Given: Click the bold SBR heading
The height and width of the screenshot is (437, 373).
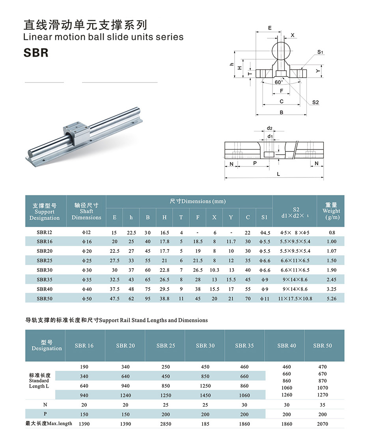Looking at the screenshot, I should (x=36, y=52).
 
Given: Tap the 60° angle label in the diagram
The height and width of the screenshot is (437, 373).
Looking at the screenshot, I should (x=279, y=82).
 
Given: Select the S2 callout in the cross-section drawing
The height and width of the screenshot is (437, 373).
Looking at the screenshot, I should (x=315, y=102).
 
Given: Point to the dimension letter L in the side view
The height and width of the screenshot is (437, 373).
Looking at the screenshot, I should (x=278, y=174).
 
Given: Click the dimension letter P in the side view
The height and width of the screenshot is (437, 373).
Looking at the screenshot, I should (x=255, y=162).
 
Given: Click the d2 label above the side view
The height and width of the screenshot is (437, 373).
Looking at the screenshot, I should (x=270, y=128).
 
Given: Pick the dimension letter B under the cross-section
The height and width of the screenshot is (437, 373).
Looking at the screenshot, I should (x=281, y=112).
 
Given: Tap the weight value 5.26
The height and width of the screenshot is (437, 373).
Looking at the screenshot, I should (x=332, y=299).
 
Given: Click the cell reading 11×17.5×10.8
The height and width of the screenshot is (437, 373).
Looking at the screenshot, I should (x=295, y=299).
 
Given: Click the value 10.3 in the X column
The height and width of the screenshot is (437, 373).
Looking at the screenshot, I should (x=214, y=270).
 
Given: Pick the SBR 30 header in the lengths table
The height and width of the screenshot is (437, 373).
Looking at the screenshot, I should (x=205, y=345).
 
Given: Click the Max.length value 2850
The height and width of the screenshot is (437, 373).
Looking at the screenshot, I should (x=166, y=424).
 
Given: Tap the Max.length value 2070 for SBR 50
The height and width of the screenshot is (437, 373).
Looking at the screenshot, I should (x=322, y=424).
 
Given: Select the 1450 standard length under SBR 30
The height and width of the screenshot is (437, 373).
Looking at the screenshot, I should (x=205, y=395).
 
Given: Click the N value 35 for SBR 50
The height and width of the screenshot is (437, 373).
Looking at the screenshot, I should (x=322, y=405).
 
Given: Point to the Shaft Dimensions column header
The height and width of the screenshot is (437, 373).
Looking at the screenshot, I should (x=86, y=211).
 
